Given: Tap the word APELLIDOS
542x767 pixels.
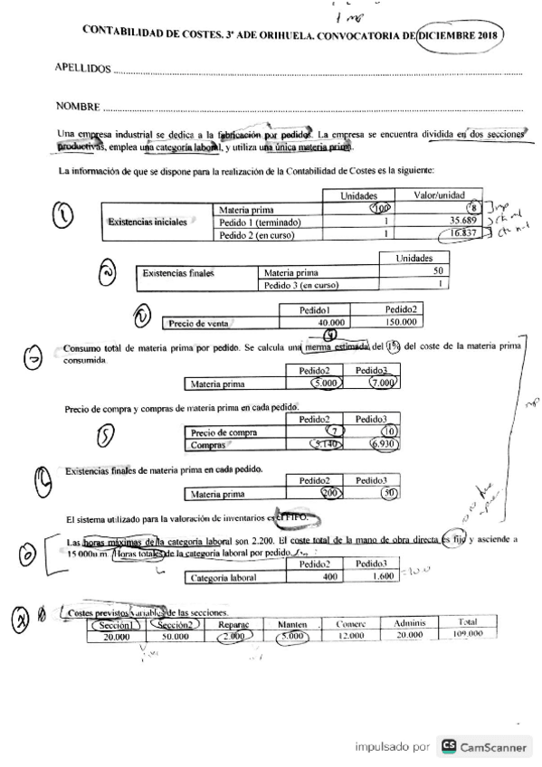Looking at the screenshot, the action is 83,69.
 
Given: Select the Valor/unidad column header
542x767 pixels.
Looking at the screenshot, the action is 439,195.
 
